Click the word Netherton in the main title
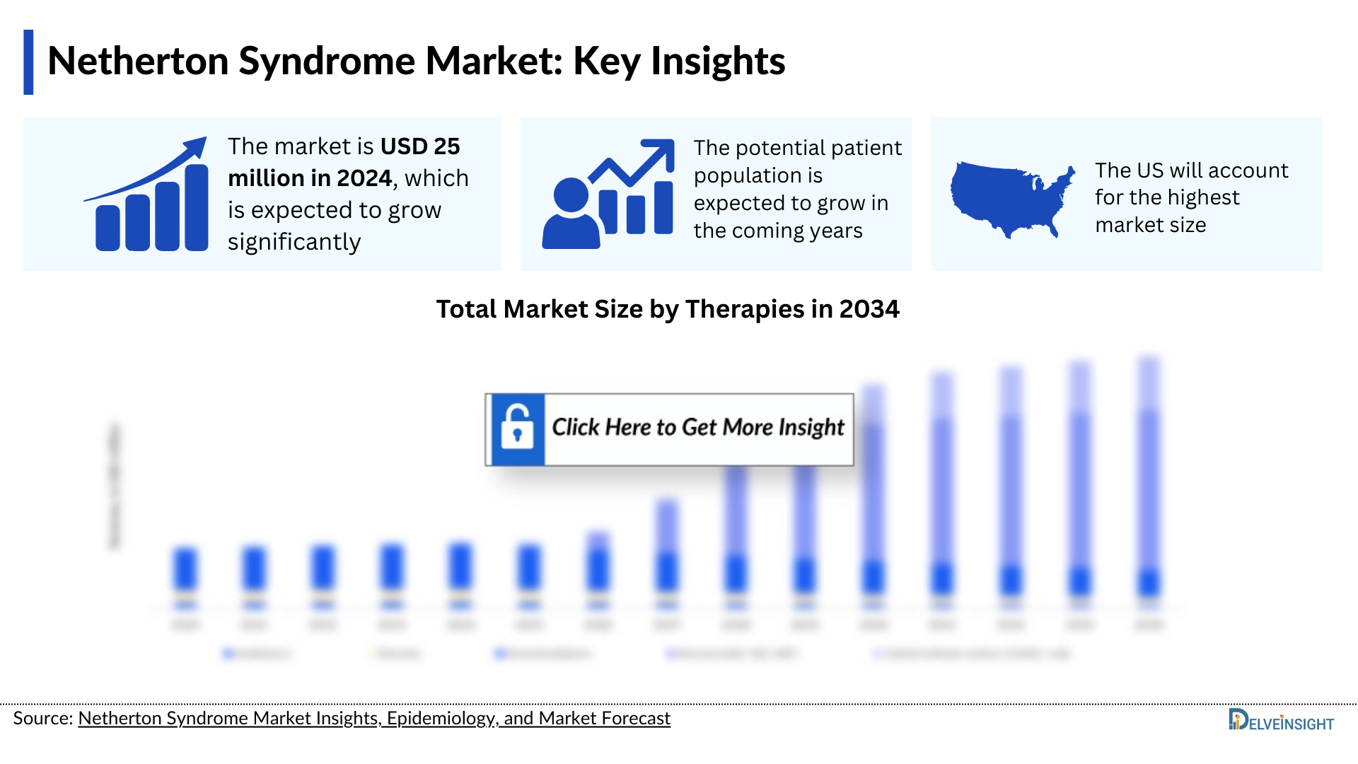tap(138, 61)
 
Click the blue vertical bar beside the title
tap(28, 62)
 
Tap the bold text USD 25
tap(419, 146)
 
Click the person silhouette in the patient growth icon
tap(571, 214)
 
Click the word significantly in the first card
tap(294, 242)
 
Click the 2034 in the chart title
tap(869, 309)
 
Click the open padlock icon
tap(517, 428)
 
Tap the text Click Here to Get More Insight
tap(698, 428)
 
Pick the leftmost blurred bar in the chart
tap(185, 569)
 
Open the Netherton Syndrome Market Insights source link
tap(373, 719)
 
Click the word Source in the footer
tap(41, 719)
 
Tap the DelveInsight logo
tap(1280, 721)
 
